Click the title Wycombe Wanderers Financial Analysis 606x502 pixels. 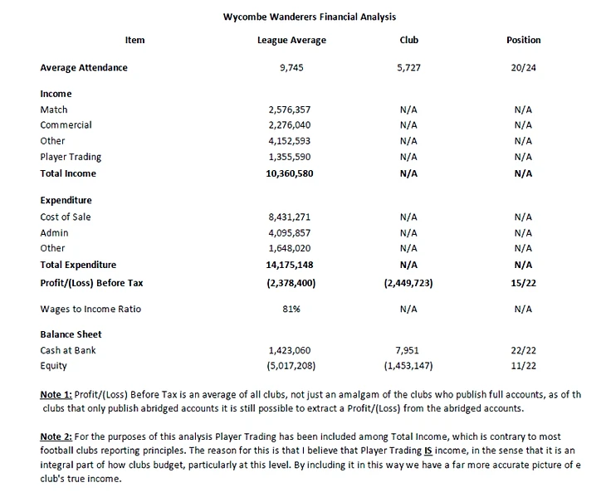[310, 16]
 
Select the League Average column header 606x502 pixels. [291, 40]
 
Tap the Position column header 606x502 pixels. [523, 40]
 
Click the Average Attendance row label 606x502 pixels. [84, 68]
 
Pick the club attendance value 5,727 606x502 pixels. [408, 68]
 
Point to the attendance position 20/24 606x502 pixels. [523, 68]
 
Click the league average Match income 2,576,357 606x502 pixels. [290, 110]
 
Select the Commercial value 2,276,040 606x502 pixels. [290, 125]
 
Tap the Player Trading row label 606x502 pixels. [71, 157]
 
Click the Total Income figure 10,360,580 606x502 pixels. [290, 173]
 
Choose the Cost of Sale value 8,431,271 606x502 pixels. [290, 217]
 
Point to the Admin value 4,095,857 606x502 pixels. [290, 232]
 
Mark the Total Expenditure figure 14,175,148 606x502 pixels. [290, 266]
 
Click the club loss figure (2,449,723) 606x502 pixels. [408, 283]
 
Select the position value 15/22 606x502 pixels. [523, 283]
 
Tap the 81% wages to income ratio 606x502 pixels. [291, 309]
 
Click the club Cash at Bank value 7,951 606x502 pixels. [408, 350]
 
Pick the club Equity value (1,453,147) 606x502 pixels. [408, 366]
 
